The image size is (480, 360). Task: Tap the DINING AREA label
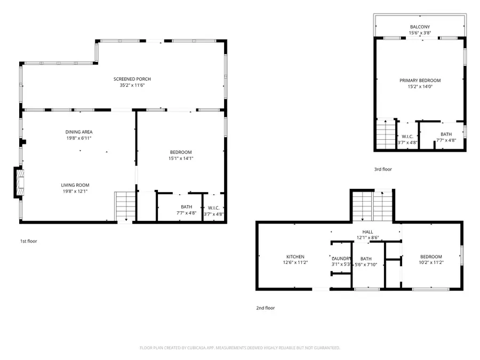coord(76,132)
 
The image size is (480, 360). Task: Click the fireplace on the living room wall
coord(19,181)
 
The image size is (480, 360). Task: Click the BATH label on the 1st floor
coord(186,207)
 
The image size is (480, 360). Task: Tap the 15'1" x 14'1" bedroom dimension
coord(180,158)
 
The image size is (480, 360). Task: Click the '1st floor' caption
coord(28,241)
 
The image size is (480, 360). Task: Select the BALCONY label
coord(420,27)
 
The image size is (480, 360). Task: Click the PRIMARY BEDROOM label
coord(420,81)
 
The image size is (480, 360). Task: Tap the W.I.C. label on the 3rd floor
coord(408,136)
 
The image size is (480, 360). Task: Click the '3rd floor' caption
coord(383,169)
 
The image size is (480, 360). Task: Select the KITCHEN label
coord(295,257)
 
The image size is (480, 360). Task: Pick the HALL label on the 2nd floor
coord(367,231)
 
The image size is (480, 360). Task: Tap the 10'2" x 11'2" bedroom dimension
coord(430,262)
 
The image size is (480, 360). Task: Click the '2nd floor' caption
coord(266,308)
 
